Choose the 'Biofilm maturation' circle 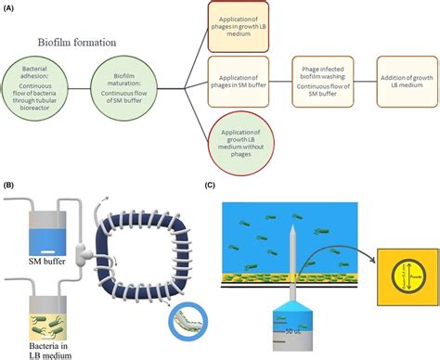point(123,86)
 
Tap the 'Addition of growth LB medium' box point(407,86)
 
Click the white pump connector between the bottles point(84,252)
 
